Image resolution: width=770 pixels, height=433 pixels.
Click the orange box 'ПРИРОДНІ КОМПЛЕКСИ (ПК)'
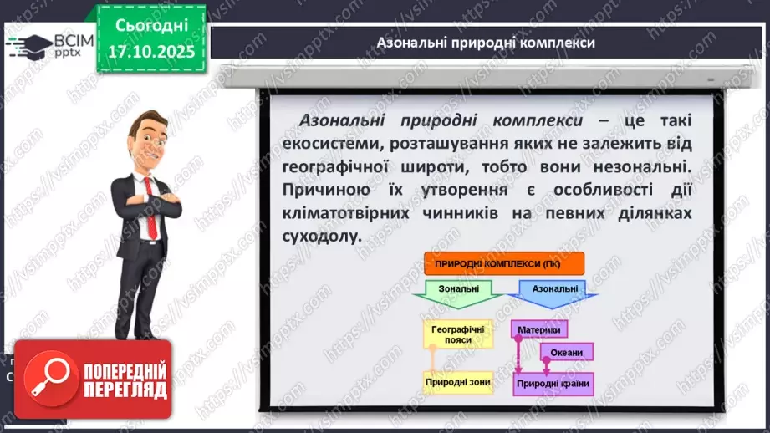(x=503, y=265)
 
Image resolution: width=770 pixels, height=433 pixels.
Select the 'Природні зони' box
(x=458, y=382)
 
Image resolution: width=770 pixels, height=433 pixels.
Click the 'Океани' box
(x=566, y=352)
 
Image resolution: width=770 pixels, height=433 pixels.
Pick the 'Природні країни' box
(x=553, y=384)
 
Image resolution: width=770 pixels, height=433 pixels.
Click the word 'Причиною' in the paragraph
(x=320, y=190)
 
